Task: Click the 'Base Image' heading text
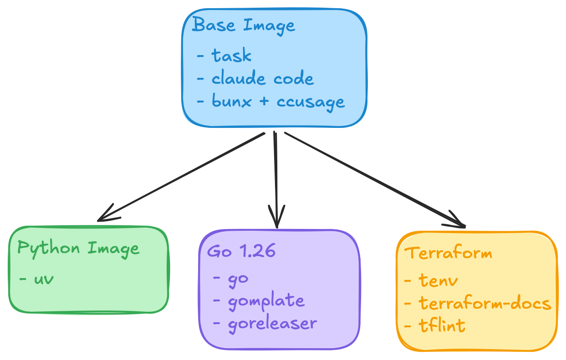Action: pos(244,25)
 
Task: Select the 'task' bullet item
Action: pos(231,56)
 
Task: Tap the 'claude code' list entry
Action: pos(262,79)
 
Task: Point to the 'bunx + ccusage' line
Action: pos(278,101)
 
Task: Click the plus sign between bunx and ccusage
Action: pos(264,101)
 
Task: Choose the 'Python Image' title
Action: pos(78,248)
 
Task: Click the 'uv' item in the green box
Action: pos(44,278)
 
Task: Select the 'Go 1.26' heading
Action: pos(241,251)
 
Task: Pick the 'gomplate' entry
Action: pos(266,301)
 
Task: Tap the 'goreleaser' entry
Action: pos(272,324)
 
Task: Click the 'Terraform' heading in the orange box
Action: pos(448,253)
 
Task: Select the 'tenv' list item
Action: pos(438,280)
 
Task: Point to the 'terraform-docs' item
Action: pos(484,303)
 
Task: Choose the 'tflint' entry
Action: pos(442,325)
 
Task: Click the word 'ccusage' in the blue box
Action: pos(311,101)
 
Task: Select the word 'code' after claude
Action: pos(294,79)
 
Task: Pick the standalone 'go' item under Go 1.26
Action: pos(238,278)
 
